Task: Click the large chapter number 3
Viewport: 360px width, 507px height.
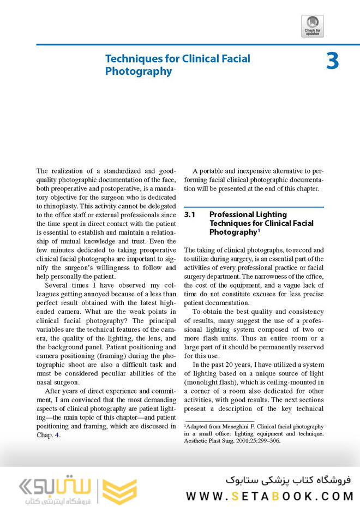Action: [333, 61]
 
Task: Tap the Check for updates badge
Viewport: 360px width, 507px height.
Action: [312, 26]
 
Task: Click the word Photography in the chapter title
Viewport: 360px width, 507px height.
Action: [139, 71]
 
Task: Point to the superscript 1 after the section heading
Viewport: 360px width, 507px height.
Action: [259, 230]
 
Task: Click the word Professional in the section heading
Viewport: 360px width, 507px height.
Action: [236, 214]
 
